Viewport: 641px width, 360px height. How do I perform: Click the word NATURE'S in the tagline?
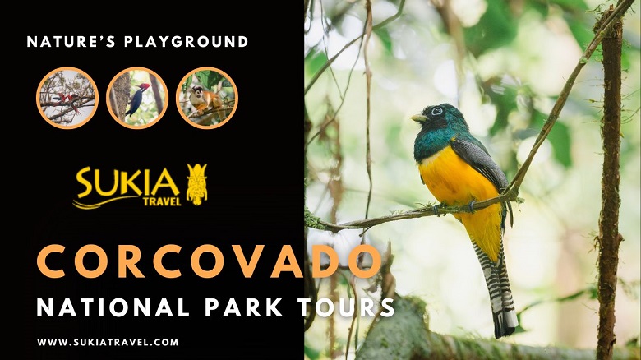click(71, 42)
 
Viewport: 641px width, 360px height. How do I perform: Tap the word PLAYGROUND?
click(186, 42)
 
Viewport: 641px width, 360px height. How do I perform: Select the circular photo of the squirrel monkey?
click(207, 98)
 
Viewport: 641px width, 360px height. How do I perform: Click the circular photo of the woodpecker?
click(137, 98)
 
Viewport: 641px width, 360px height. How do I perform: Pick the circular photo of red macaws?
click(67, 98)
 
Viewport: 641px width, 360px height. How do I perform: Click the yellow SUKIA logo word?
click(127, 182)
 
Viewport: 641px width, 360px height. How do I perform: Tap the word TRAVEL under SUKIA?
click(162, 201)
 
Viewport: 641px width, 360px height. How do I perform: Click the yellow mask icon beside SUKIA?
click(197, 184)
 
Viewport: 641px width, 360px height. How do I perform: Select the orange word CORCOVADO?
click(209, 262)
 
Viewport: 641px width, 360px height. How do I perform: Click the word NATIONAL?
click(113, 307)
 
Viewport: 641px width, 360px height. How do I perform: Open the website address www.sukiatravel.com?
click(108, 342)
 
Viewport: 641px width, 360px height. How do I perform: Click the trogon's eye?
click(437, 110)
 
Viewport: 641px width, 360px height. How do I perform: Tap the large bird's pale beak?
click(420, 118)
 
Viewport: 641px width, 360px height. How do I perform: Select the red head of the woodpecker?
click(145, 87)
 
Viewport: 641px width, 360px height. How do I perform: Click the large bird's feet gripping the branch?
click(454, 208)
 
